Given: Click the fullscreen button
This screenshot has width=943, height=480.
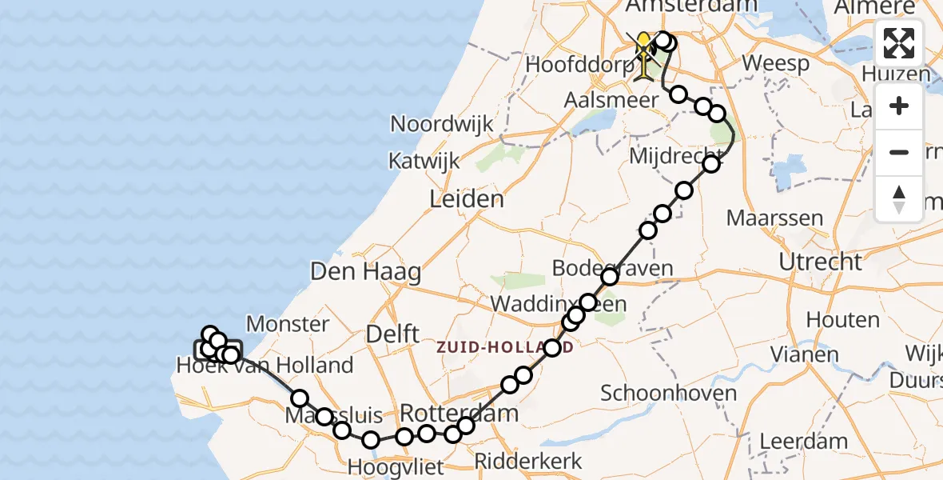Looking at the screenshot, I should coord(899,43).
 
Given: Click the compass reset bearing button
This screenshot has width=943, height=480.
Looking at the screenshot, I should coord(899,198).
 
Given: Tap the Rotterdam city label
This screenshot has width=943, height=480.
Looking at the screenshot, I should coord(459,414).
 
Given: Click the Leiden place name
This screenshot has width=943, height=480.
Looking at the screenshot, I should coord(467,199).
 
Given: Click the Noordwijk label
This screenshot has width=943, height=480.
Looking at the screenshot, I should coord(442,124).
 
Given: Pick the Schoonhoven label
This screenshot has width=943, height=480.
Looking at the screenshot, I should coord(657,393).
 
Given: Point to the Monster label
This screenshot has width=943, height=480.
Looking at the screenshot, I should coord(288,324).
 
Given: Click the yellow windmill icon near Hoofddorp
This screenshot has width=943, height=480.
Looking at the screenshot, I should coord(644,54).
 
